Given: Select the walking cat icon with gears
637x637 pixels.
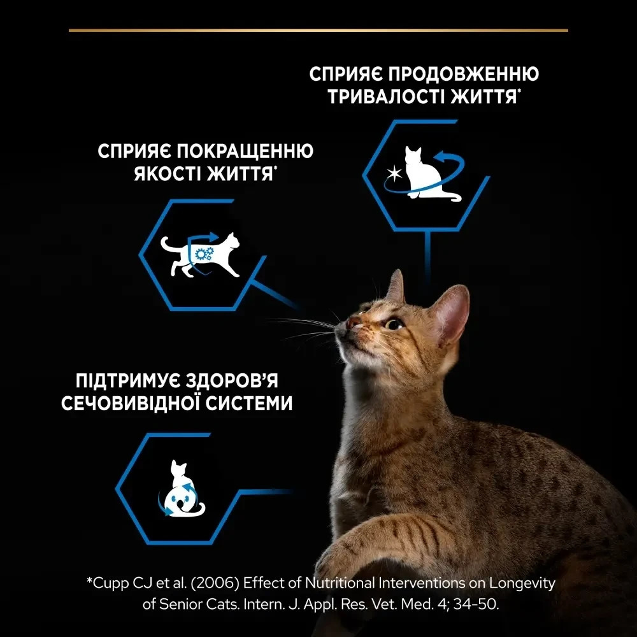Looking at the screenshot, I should (x=200, y=254).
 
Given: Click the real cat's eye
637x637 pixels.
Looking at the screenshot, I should (x=394, y=324).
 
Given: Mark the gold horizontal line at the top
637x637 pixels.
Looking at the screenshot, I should (x=318, y=30).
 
